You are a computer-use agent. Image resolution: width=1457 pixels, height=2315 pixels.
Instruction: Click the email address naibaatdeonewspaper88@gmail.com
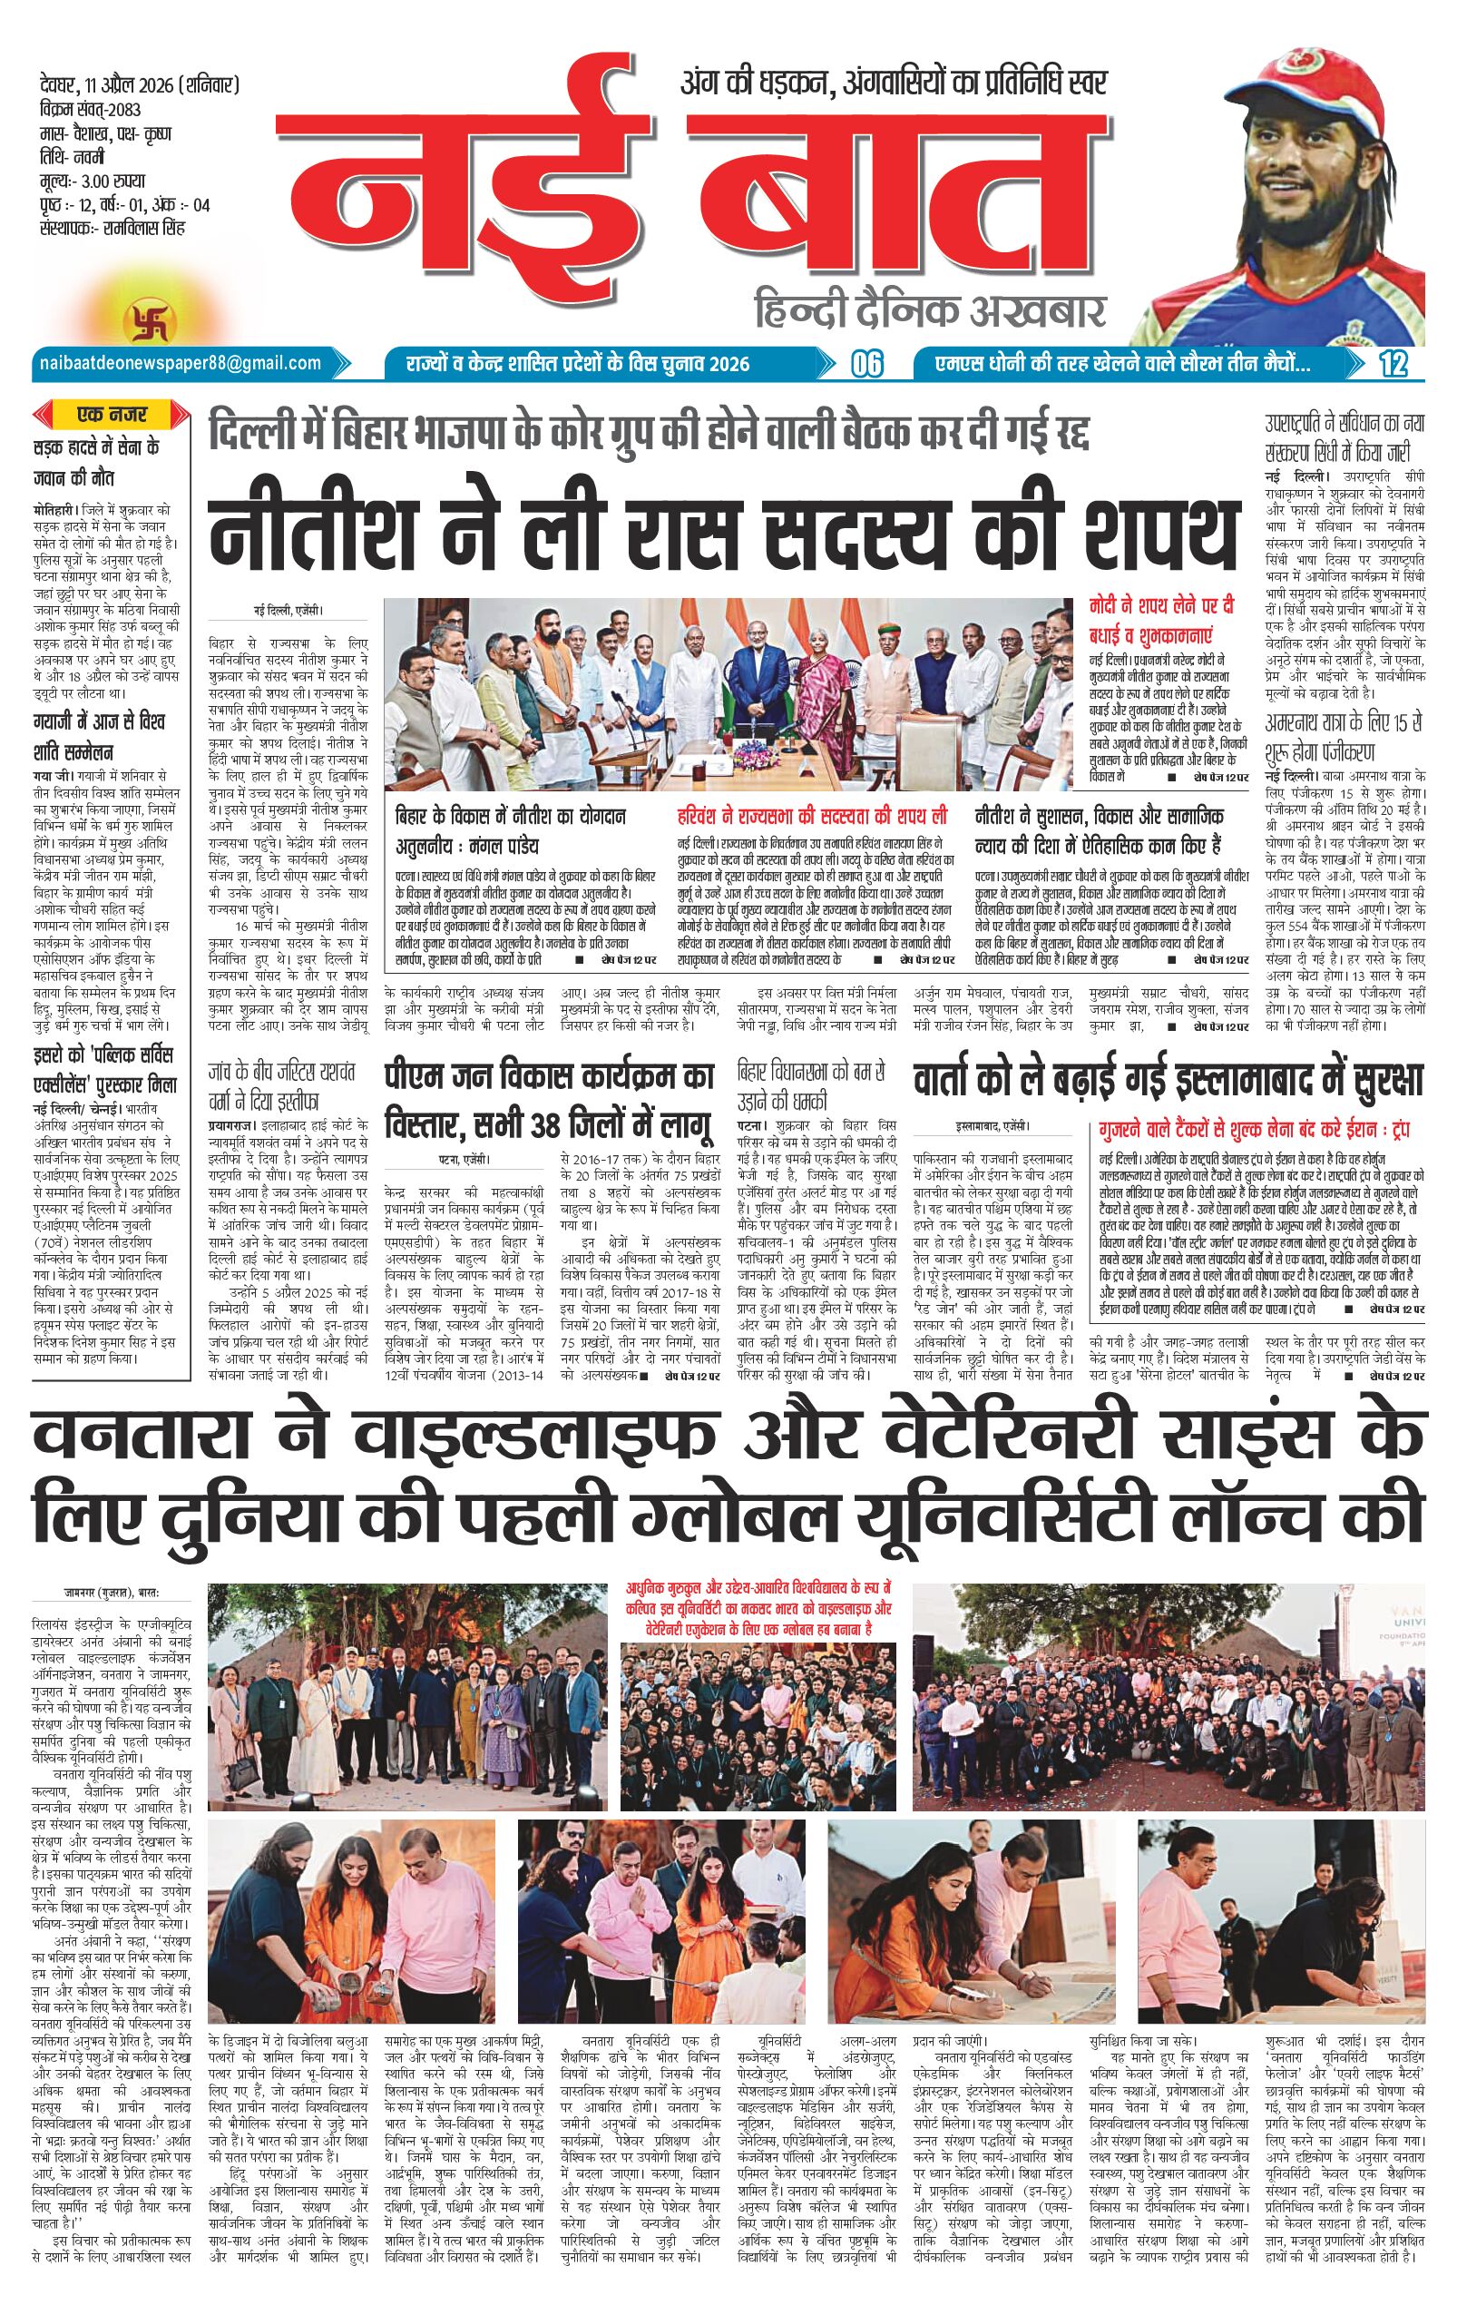tap(179, 362)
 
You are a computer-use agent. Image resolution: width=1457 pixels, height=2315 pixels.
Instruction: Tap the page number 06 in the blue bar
tap(865, 363)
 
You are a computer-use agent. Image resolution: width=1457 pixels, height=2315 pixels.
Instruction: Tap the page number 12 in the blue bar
tap(1392, 363)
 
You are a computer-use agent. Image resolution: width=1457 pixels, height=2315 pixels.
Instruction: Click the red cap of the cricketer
tap(1278, 68)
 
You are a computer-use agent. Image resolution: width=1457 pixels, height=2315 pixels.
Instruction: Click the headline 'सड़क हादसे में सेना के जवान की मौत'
tap(94, 459)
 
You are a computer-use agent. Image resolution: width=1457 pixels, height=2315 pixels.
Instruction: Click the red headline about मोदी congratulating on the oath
tap(1167, 620)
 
